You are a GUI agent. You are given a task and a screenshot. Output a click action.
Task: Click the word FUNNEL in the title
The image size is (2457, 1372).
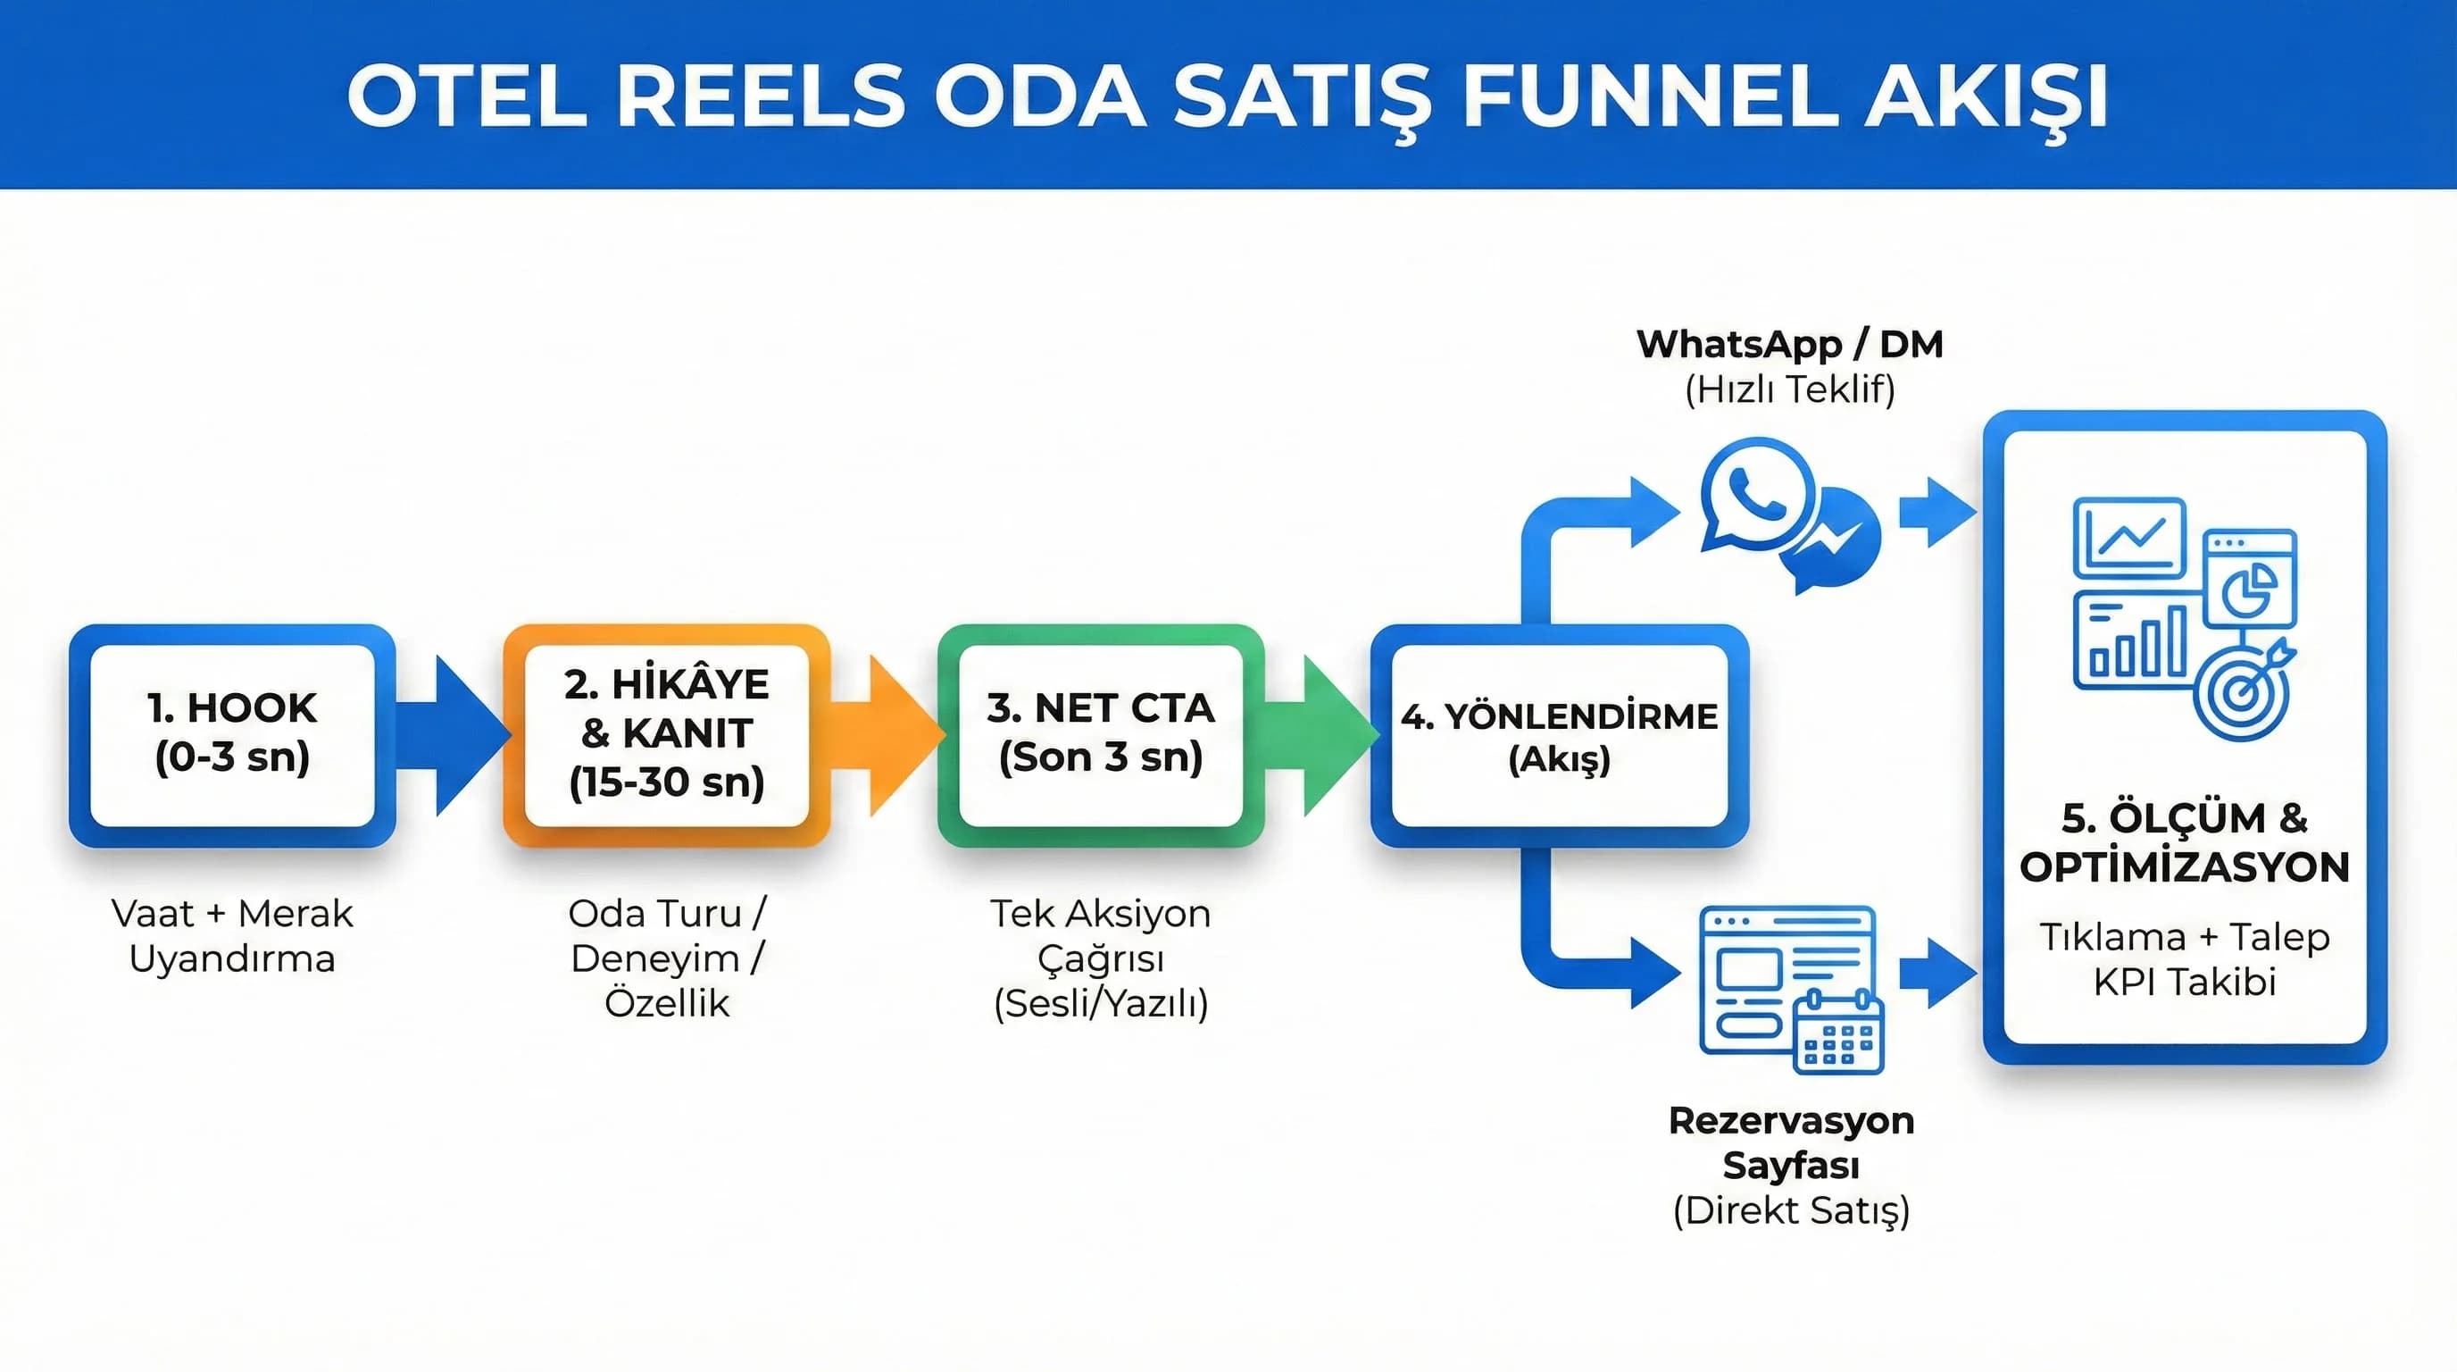(1649, 96)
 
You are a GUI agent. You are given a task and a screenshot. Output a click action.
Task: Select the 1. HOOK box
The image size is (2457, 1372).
(232, 733)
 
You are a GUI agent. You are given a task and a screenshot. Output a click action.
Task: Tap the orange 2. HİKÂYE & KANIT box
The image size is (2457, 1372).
(666, 733)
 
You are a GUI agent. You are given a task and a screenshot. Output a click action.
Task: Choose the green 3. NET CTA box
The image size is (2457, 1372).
(1100, 733)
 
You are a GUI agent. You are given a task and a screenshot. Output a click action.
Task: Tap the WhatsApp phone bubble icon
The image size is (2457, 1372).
(1755, 494)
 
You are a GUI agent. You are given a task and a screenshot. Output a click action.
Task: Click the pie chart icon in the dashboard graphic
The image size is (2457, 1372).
(2249, 588)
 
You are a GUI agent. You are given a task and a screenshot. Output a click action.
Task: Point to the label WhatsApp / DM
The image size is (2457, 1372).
(1789, 344)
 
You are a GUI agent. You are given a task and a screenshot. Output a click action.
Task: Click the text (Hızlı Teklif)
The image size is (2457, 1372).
(1789, 389)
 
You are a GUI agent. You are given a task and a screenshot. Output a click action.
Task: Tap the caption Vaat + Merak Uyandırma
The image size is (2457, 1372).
(232, 935)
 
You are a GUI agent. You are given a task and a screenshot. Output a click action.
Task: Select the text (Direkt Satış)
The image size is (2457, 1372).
(1790, 1209)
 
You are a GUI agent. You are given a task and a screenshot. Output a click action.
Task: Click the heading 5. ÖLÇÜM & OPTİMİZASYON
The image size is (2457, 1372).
(2184, 842)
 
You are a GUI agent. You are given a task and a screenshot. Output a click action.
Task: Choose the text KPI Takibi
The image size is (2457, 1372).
(2184, 982)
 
